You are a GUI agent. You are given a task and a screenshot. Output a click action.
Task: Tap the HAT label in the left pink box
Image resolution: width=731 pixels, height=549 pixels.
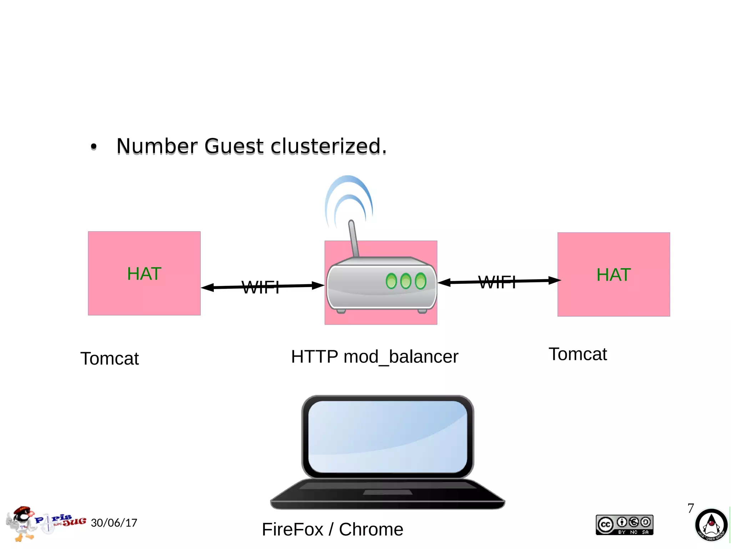tap(144, 274)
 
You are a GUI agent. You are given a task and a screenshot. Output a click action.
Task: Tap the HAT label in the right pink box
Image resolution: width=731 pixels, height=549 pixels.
tap(614, 275)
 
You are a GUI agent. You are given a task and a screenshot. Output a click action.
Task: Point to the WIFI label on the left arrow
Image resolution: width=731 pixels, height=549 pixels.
tap(261, 287)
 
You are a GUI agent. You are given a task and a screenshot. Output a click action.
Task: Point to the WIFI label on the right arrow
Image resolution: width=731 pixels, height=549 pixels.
tap(497, 282)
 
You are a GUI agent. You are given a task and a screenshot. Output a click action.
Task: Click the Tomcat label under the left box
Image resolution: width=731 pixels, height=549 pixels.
tap(110, 358)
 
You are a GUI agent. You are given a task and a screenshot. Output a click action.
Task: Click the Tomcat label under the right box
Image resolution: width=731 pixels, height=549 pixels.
tap(578, 354)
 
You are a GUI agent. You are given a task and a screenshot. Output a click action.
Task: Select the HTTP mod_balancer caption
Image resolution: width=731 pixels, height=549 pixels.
tap(374, 357)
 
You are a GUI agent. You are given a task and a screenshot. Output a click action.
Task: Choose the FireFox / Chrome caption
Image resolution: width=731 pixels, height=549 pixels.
tap(332, 529)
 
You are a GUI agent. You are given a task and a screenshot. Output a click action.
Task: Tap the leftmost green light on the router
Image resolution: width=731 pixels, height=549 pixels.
tap(391, 281)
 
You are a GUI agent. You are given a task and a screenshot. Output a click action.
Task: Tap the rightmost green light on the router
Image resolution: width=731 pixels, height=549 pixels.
tap(421, 281)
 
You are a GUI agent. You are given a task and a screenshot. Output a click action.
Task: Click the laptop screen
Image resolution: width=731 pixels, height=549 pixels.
tap(388, 437)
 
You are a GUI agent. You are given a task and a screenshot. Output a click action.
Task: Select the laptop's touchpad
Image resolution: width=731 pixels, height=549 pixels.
tap(388, 493)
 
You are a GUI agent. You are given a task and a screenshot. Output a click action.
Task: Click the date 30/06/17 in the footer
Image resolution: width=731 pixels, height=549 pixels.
tap(114, 523)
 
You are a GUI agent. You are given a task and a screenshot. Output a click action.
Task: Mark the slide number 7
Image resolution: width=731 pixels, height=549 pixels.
tap(691, 508)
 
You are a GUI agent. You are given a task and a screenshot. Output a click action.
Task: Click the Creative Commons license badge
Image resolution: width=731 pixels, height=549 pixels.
tap(624, 525)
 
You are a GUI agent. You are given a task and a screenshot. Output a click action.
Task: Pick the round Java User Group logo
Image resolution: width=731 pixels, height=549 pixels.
tap(711, 525)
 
